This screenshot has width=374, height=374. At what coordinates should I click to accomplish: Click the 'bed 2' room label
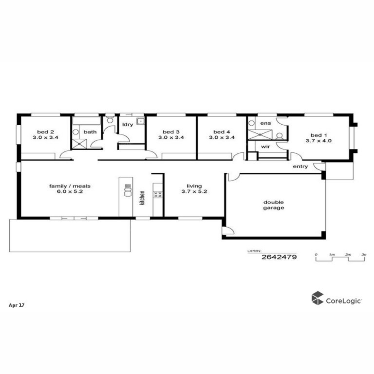[46, 132]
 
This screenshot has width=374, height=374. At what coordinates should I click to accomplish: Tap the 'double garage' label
[273, 205]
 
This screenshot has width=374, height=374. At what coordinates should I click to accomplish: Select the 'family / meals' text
[70, 186]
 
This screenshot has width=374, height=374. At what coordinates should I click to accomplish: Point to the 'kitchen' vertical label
[142, 198]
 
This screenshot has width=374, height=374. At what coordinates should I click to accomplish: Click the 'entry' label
[300, 166]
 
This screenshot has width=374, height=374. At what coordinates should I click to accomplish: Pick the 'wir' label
[266, 146]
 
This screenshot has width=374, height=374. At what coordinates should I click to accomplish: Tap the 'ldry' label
[128, 125]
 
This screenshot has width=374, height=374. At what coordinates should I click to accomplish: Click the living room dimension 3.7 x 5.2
[194, 192]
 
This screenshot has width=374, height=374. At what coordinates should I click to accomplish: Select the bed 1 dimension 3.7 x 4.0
[319, 141]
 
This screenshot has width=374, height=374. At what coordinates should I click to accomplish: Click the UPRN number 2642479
[279, 257]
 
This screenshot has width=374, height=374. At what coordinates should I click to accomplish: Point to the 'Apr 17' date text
[17, 305]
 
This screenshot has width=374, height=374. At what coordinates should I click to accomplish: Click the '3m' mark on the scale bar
[364, 254]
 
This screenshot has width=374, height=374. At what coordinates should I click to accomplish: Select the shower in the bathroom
[79, 144]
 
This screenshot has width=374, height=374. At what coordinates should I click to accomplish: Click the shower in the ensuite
[260, 135]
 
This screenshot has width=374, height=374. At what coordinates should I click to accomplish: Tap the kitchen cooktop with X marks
[157, 194]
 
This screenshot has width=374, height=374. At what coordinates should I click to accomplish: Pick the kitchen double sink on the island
[128, 191]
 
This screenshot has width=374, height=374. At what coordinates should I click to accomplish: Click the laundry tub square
[140, 121]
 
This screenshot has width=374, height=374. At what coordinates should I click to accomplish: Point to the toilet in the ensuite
[279, 136]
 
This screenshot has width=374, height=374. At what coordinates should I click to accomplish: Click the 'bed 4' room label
[222, 132]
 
